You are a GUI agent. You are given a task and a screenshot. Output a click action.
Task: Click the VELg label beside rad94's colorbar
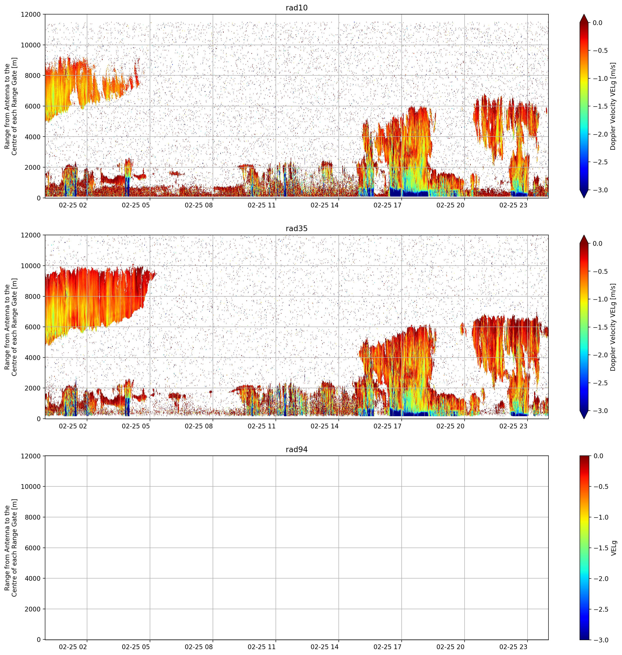[x=614, y=548]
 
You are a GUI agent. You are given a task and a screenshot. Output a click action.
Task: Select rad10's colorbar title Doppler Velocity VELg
[x=613, y=106]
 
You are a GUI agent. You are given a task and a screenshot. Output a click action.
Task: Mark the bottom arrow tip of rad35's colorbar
[x=584, y=418]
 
